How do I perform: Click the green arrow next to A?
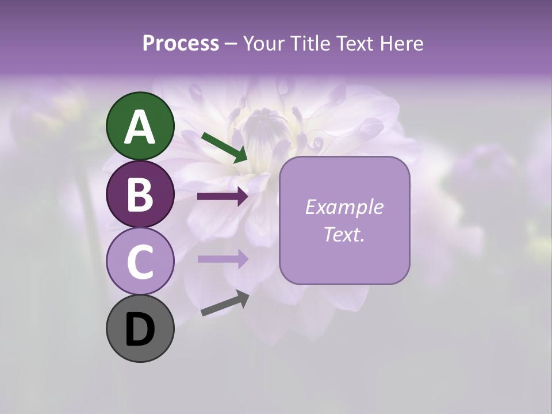click(224, 148)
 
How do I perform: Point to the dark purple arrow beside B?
click(223, 197)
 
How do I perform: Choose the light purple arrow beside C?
click(223, 259)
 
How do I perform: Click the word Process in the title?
click(181, 43)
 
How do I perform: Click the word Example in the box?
click(344, 207)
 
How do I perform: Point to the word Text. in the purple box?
click(344, 233)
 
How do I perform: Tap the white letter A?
click(140, 127)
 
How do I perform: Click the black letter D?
click(140, 329)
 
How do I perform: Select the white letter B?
click(140, 195)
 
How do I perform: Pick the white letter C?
click(140, 262)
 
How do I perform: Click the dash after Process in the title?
click(231, 44)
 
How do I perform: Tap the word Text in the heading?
click(355, 43)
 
